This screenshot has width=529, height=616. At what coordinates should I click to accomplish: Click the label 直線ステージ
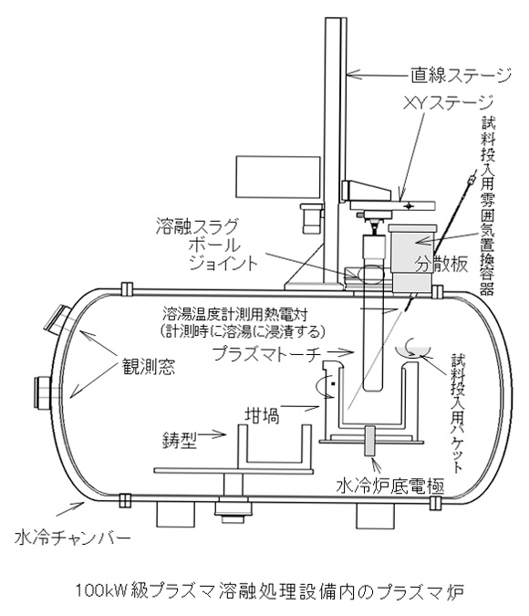[462, 76]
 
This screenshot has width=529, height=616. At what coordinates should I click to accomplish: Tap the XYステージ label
[448, 103]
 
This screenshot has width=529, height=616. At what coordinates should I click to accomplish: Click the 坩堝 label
[263, 415]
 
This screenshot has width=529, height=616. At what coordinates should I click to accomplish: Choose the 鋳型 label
[180, 441]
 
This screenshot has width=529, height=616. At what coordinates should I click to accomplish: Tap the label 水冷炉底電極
[390, 486]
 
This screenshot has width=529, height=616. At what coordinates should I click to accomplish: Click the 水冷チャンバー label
[72, 538]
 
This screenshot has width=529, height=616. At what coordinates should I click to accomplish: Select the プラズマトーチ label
[265, 354]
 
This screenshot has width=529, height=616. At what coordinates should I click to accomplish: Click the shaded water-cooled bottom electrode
[370, 441]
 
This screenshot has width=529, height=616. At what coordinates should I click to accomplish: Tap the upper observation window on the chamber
[57, 318]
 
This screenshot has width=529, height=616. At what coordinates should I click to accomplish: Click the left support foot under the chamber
[175, 515]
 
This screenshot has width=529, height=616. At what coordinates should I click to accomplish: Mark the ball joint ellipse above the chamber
[368, 274]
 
